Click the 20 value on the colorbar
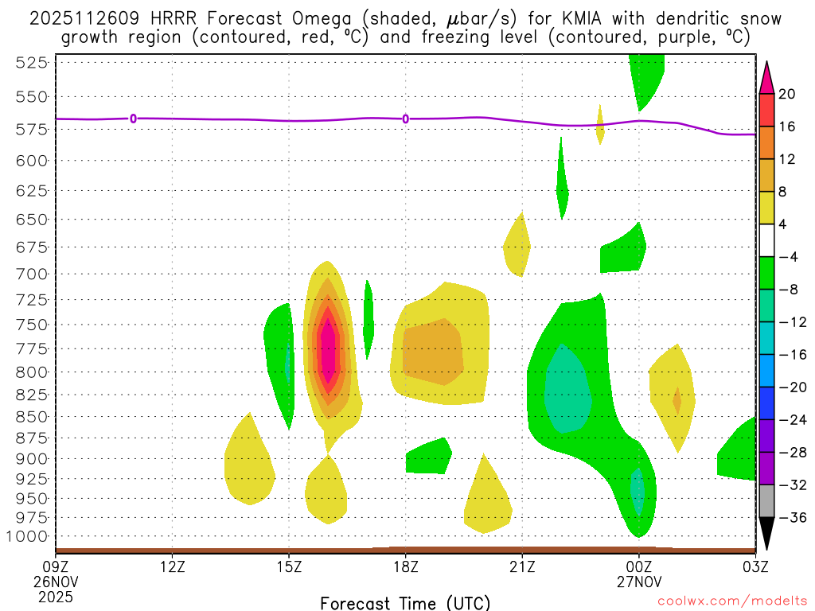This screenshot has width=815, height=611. pyautogui.click(x=787, y=94)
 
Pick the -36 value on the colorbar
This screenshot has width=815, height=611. pyautogui.click(x=790, y=517)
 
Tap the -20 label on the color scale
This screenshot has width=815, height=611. pyautogui.click(x=790, y=387)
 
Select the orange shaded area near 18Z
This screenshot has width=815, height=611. pyautogui.click(x=433, y=350)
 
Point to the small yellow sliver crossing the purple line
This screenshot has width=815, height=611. pyautogui.click(x=600, y=125)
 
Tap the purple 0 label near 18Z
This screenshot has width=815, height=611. pyautogui.click(x=406, y=119)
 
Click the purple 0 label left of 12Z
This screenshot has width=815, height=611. pyautogui.click(x=133, y=119)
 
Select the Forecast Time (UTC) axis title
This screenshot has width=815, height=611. pyautogui.click(x=405, y=602)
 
